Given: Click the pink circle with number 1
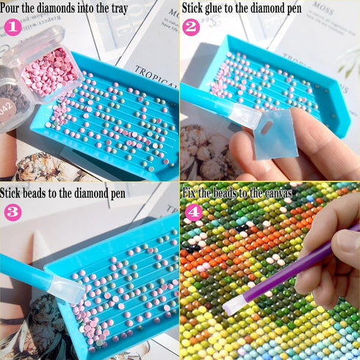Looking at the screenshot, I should (12, 28).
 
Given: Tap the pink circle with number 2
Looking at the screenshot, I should (192, 28).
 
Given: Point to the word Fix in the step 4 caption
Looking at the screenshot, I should (190, 194).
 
